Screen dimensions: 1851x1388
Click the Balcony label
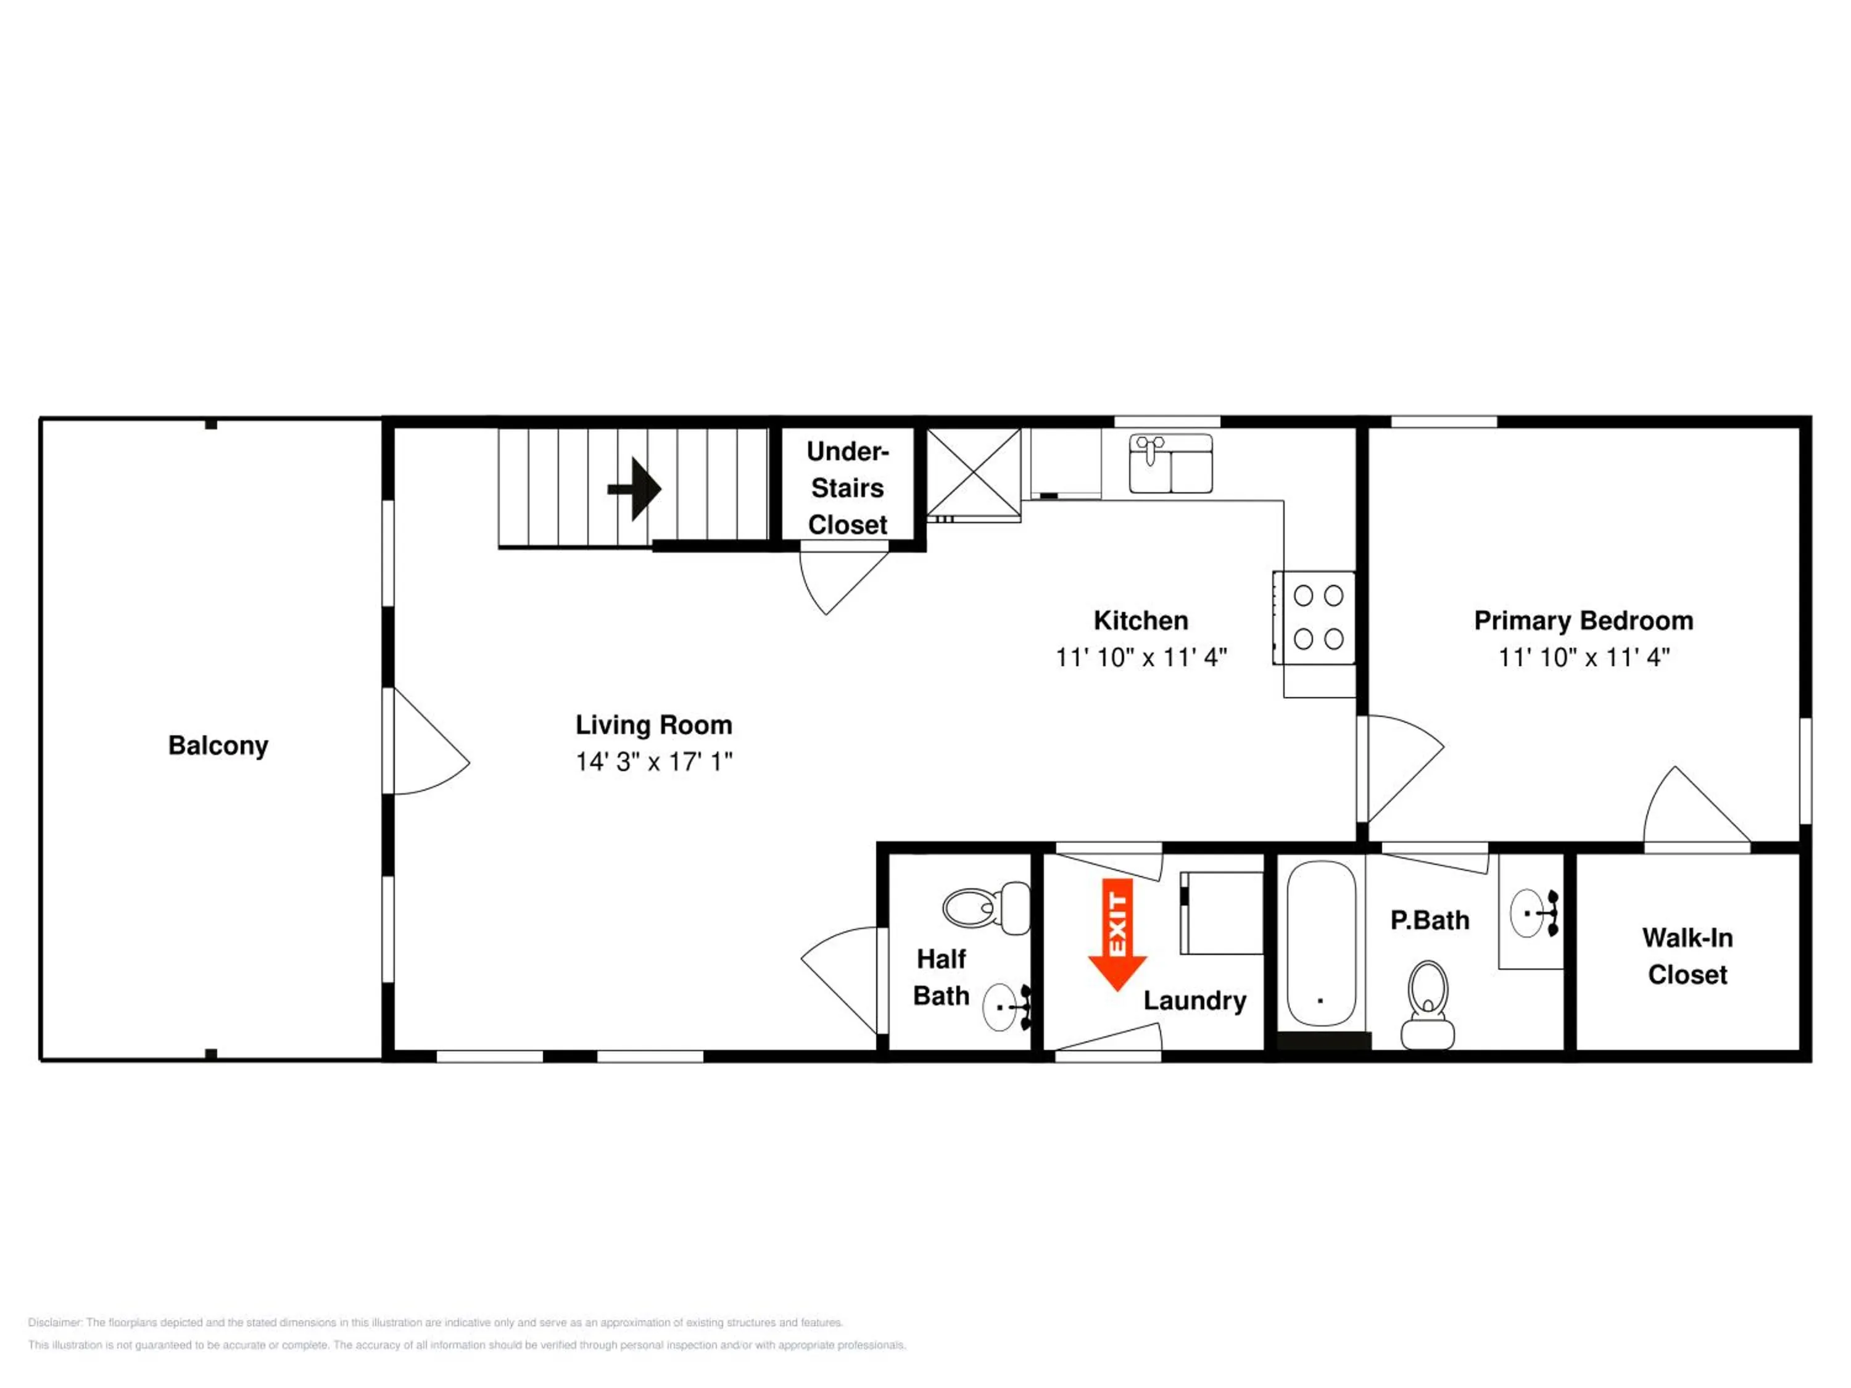(218, 745)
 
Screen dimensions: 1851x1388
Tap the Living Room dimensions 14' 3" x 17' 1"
(653, 761)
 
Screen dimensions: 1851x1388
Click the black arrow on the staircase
(634, 489)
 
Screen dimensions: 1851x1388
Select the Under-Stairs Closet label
(848, 488)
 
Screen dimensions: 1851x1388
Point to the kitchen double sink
(1170, 463)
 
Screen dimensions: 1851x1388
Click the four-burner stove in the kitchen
(1314, 618)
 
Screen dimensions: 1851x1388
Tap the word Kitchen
(1141, 620)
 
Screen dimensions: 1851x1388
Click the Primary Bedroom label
(1583, 620)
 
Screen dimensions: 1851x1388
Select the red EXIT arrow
(1117, 935)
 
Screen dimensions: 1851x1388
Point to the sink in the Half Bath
(1007, 1007)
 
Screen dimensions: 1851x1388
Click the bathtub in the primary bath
(1320, 943)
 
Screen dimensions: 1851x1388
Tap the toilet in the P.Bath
(1428, 1004)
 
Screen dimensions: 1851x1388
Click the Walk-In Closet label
(1687, 956)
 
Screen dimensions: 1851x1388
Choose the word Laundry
(1195, 1001)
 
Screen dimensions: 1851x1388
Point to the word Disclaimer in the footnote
(54, 1323)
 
